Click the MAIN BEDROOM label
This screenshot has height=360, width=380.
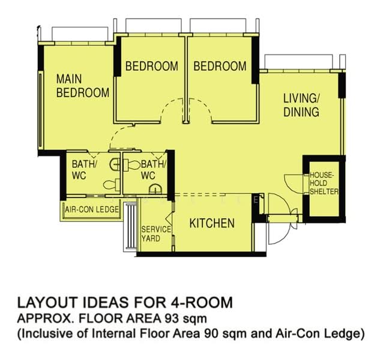point(83,86)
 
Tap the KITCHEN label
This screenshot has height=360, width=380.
point(212,223)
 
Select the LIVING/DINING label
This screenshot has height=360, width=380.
point(301,106)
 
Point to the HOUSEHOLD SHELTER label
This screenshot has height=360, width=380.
point(324,183)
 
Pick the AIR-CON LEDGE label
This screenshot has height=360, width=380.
point(92,209)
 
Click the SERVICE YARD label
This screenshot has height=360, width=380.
point(156,234)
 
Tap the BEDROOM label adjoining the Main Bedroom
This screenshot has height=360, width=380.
point(152,66)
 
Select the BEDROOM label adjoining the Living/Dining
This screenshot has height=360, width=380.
point(220,66)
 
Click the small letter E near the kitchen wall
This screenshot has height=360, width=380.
point(255,200)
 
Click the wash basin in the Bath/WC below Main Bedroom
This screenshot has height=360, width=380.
point(115,164)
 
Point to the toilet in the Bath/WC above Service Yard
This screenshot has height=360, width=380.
point(131,165)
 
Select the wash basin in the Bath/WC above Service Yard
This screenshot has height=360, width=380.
point(155,189)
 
